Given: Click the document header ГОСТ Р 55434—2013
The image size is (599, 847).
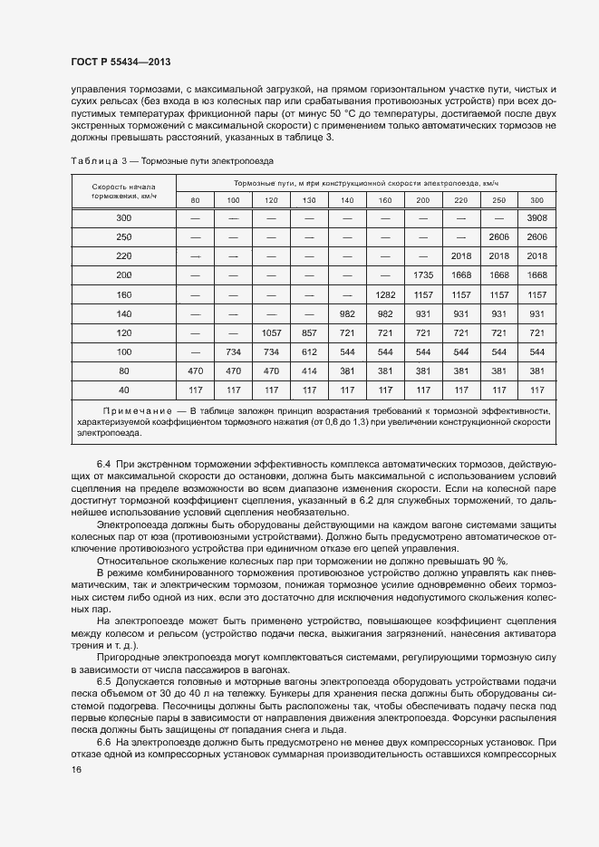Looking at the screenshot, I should (121, 63).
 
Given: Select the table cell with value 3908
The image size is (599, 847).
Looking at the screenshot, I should (536, 218).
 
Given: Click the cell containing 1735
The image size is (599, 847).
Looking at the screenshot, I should (422, 274).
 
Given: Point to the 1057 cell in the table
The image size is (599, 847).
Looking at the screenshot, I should (271, 332).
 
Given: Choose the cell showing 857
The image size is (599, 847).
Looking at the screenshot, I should (309, 332).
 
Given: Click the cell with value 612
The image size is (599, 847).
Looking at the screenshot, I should (309, 351).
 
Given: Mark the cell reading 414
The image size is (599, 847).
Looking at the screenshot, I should (309, 371).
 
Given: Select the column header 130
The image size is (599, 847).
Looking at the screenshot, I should (309, 199).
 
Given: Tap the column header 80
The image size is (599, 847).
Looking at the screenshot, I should (195, 199).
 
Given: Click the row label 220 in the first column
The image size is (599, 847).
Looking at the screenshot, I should (123, 256).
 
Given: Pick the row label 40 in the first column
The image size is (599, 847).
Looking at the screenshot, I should (123, 390).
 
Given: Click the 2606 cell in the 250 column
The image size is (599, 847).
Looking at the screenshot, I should (498, 237).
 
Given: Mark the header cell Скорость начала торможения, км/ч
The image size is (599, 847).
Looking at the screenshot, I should (123, 189).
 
